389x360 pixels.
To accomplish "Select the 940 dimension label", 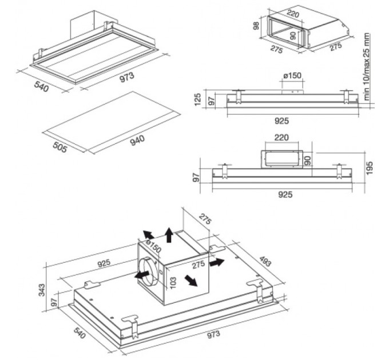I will click(x=137, y=139).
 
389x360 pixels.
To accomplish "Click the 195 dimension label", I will click(x=370, y=168).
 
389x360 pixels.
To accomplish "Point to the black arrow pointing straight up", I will click(x=168, y=234).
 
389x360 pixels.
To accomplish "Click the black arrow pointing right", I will click(x=217, y=263).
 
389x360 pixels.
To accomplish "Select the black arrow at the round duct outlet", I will click(x=138, y=274).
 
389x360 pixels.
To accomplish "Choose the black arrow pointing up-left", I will click(x=148, y=235).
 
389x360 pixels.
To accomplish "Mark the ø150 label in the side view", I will click(x=292, y=76).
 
